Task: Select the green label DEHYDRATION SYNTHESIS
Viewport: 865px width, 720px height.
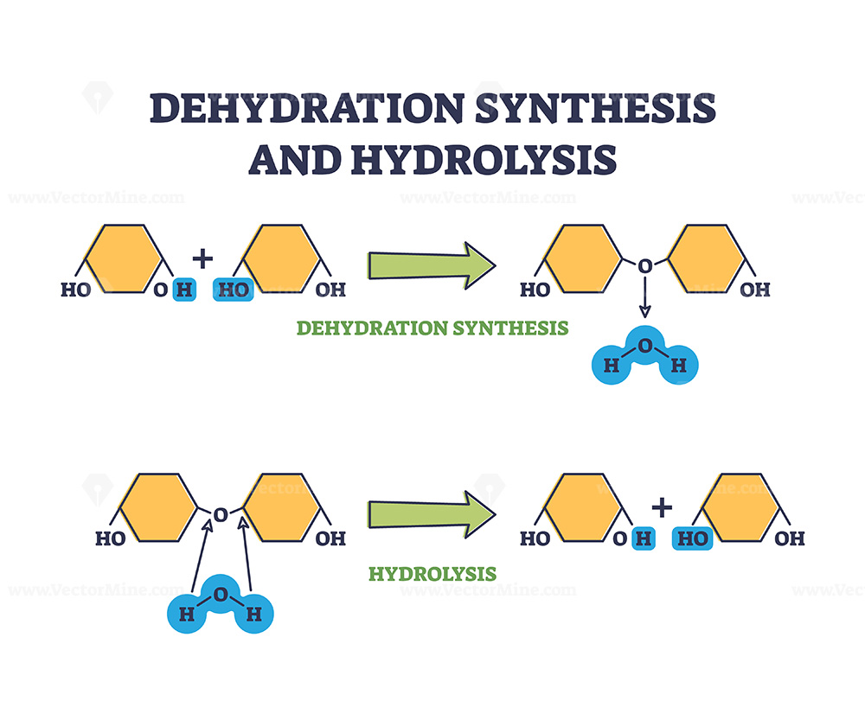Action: pos(432,328)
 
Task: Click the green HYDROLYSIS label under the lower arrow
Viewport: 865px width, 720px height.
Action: pos(432,573)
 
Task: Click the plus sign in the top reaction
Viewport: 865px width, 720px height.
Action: pos(203,257)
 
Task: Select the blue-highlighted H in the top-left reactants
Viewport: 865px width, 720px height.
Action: pos(183,290)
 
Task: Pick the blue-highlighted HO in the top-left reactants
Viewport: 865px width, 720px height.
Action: pos(233,290)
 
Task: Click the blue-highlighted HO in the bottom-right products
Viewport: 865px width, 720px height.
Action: pos(692,538)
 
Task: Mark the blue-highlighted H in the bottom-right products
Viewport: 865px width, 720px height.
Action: pos(643,538)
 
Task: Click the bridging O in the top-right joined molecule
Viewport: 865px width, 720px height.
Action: pos(644,266)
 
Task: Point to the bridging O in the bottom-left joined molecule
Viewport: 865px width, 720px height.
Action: pos(221,515)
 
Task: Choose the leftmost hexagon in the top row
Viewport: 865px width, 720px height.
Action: pos(122,258)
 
